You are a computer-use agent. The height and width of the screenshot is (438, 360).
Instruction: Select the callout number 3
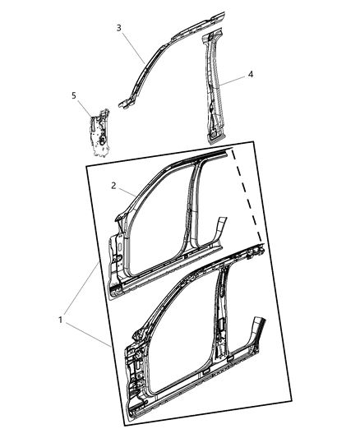[119, 28]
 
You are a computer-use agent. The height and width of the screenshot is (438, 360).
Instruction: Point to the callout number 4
[251, 74]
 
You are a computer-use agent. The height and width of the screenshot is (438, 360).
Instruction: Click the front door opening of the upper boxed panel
[156, 222]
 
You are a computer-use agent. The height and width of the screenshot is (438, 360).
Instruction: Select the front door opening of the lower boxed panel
[177, 337]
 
